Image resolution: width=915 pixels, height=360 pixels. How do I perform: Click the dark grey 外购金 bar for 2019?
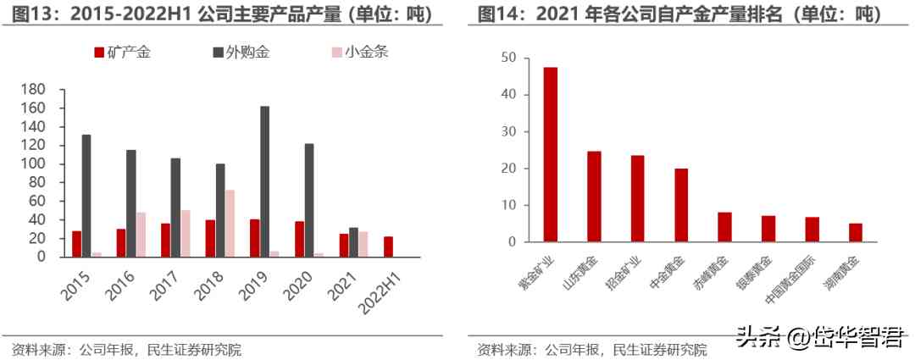point(265,181)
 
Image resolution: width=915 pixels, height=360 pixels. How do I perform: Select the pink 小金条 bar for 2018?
point(229,223)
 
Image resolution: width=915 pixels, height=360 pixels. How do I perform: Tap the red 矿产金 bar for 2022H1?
point(388,246)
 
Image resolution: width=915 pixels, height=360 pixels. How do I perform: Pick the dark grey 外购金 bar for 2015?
point(86,196)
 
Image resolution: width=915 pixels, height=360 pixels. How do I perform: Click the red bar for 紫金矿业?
point(551,154)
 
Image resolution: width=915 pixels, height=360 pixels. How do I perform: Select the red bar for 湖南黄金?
point(856,232)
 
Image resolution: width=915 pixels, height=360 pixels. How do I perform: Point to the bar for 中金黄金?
point(681,205)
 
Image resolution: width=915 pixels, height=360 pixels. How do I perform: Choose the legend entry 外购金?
point(241,53)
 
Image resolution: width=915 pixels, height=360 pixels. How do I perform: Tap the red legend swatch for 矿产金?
point(98,53)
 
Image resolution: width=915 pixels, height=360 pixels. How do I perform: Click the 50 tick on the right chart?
point(508,58)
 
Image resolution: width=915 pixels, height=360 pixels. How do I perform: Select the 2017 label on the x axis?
point(165,284)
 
